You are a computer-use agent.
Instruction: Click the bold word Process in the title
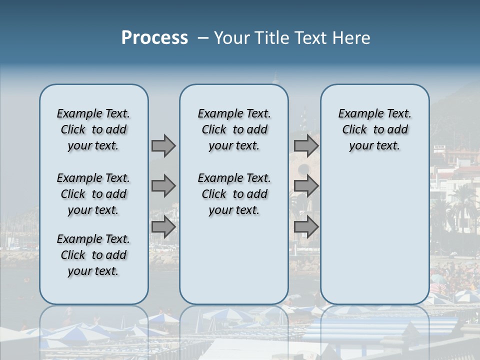coord(154,38)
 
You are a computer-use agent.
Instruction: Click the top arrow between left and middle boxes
coord(163,146)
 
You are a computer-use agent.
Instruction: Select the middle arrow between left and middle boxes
coord(163,186)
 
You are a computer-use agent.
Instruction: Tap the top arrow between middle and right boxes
coord(306,146)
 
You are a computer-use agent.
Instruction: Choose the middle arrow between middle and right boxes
coord(306,186)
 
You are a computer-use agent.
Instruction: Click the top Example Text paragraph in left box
coord(93,129)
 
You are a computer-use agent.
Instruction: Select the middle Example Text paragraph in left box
coord(93,194)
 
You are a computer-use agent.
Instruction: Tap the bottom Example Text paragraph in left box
coord(93,255)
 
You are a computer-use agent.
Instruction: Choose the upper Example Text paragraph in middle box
coord(234,129)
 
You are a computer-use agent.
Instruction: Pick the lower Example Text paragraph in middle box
coord(234,194)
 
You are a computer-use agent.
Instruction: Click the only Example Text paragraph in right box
coord(374,129)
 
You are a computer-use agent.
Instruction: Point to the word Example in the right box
coord(357,113)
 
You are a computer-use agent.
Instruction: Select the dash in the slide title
coord(202,38)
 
